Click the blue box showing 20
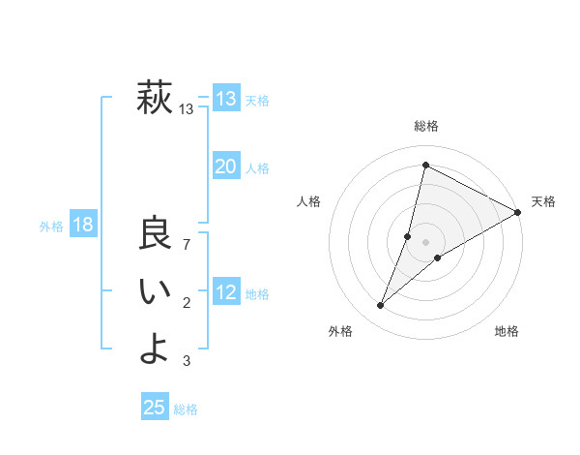pyautogui.click(x=225, y=167)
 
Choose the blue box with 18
pyautogui.click(x=82, y=226)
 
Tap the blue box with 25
pyautogui.click(x=155, y=408)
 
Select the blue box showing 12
pyautogui.click(x=225, y=292)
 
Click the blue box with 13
pyautogui.click(x=225, y=99)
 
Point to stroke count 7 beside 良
pyautogui.click(x=187, y=244)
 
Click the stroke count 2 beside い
pyautogui.click(x=187, y=304)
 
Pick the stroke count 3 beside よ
pyautogui.click(x=187, y=361)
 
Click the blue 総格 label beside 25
pyautogui.click(x=186, y=409)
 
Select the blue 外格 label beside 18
pyautogui.click(x=51, y=227)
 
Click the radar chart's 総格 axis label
pyautogui.click(x=426, y=126)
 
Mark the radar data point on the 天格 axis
pyautogui.click(x=518, y=213)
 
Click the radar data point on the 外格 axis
pyautogui.click(x=381, y=306)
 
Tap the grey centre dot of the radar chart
pyautogui.click(x=426, y=242)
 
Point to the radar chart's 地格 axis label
pyautogui.click(x=507, y=332)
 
